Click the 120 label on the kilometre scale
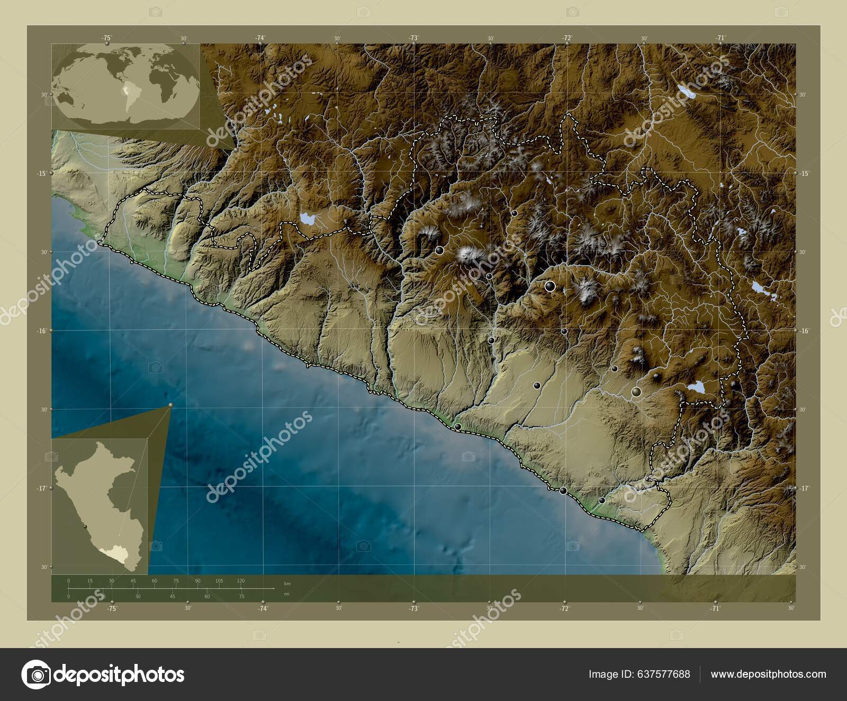[240, 581]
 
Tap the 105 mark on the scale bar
[219, 581]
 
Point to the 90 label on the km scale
[197, 581]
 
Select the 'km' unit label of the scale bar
[287, 583]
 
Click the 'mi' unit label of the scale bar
[286, 594]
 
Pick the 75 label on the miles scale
[241, 596]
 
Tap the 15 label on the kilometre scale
[90, 581]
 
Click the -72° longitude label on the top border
[567, 38]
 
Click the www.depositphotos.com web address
[768, 674]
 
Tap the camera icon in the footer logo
[36, 675]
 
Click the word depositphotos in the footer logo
[119, 675]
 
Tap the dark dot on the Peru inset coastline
[85, 526]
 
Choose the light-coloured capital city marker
[636, 392]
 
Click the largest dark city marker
[551, 286]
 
